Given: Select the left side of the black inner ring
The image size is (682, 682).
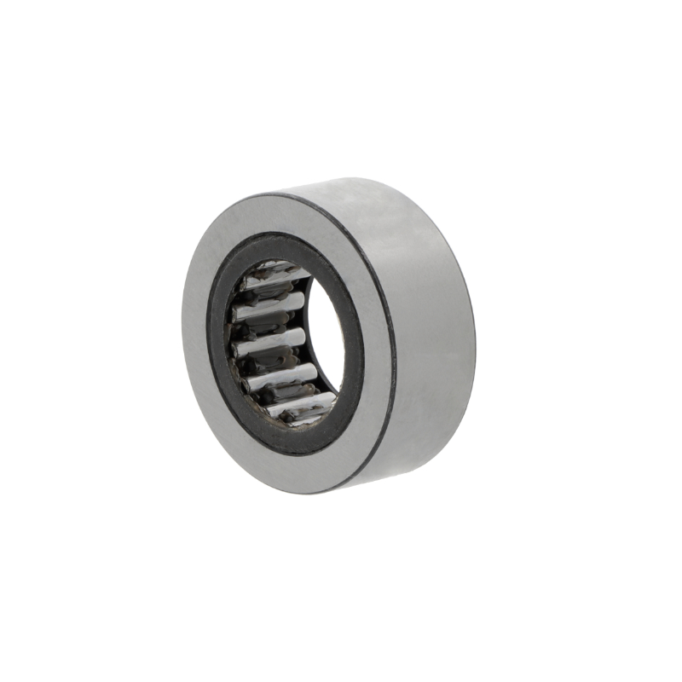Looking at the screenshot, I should (219, 341).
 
